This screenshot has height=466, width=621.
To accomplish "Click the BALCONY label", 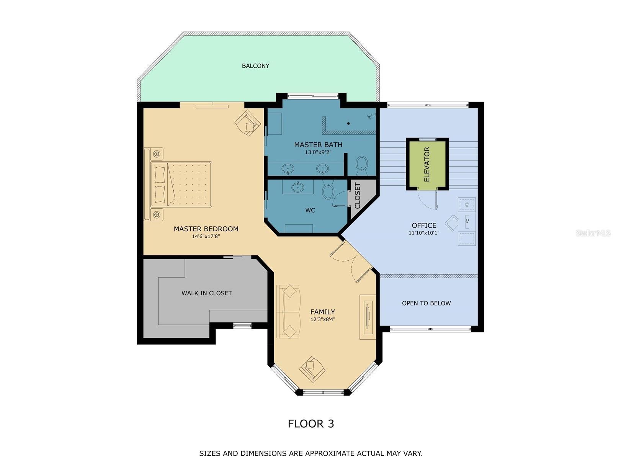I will (x=255, y=66).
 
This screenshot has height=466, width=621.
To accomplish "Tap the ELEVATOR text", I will (x=427, y=164).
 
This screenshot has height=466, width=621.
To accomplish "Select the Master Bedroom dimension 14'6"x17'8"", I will (x=206, y=237).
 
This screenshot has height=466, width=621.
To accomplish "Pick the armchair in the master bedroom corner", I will (x=247, y=123).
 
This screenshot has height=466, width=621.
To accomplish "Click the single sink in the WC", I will (x=298, y=187).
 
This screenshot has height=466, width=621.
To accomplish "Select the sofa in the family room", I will (x=288, y=311).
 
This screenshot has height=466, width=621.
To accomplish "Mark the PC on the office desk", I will (x=467, y=221).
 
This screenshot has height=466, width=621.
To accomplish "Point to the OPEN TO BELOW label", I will (x=426, y=303).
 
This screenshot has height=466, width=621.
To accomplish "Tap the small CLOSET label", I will (x=358, y=196).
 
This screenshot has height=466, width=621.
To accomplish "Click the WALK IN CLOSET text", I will (x=206, y=293).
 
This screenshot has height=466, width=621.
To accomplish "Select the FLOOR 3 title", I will (x=310, y=423).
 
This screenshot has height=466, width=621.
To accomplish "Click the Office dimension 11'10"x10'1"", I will (x=424, y=232).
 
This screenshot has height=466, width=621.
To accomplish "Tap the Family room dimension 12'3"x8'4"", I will (x=322, y=319).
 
